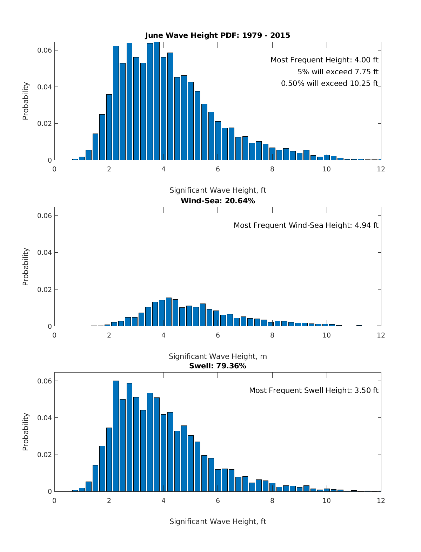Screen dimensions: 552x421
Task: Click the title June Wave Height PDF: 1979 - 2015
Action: click(218, 35)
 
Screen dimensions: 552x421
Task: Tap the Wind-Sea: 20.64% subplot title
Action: click(218, 201)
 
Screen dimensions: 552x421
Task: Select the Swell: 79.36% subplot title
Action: click(218, 366)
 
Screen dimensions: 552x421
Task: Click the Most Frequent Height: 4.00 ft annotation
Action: click(324, 60)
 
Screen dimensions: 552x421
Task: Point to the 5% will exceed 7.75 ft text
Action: click(338, 72)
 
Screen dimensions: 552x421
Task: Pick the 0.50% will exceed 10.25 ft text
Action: click(329, 83)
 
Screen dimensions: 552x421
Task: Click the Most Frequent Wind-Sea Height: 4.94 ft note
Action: click(306, 225)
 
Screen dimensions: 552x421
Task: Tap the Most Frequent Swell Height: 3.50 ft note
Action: click(314, 390)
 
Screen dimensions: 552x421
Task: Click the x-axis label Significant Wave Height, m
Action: click(218, 356)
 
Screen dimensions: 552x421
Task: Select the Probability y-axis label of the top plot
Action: click(26, 101)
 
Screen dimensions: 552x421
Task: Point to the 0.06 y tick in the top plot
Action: click(45, 50)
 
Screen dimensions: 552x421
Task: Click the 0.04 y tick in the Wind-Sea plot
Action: click(45, 252)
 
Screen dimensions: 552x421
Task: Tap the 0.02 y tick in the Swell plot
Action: click(45, 455)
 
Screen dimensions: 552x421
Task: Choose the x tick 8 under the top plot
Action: click(272, 169)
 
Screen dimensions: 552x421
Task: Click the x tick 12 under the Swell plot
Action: click(381, 500)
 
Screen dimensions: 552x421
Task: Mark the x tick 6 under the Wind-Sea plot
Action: click(218, 335)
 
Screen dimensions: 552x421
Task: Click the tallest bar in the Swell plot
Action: click(116, 436)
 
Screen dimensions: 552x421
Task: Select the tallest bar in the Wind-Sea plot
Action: click(169, 312)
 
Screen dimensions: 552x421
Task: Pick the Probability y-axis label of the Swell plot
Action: click(26, 432)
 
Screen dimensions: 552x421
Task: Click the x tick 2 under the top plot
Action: click(109, 169)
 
